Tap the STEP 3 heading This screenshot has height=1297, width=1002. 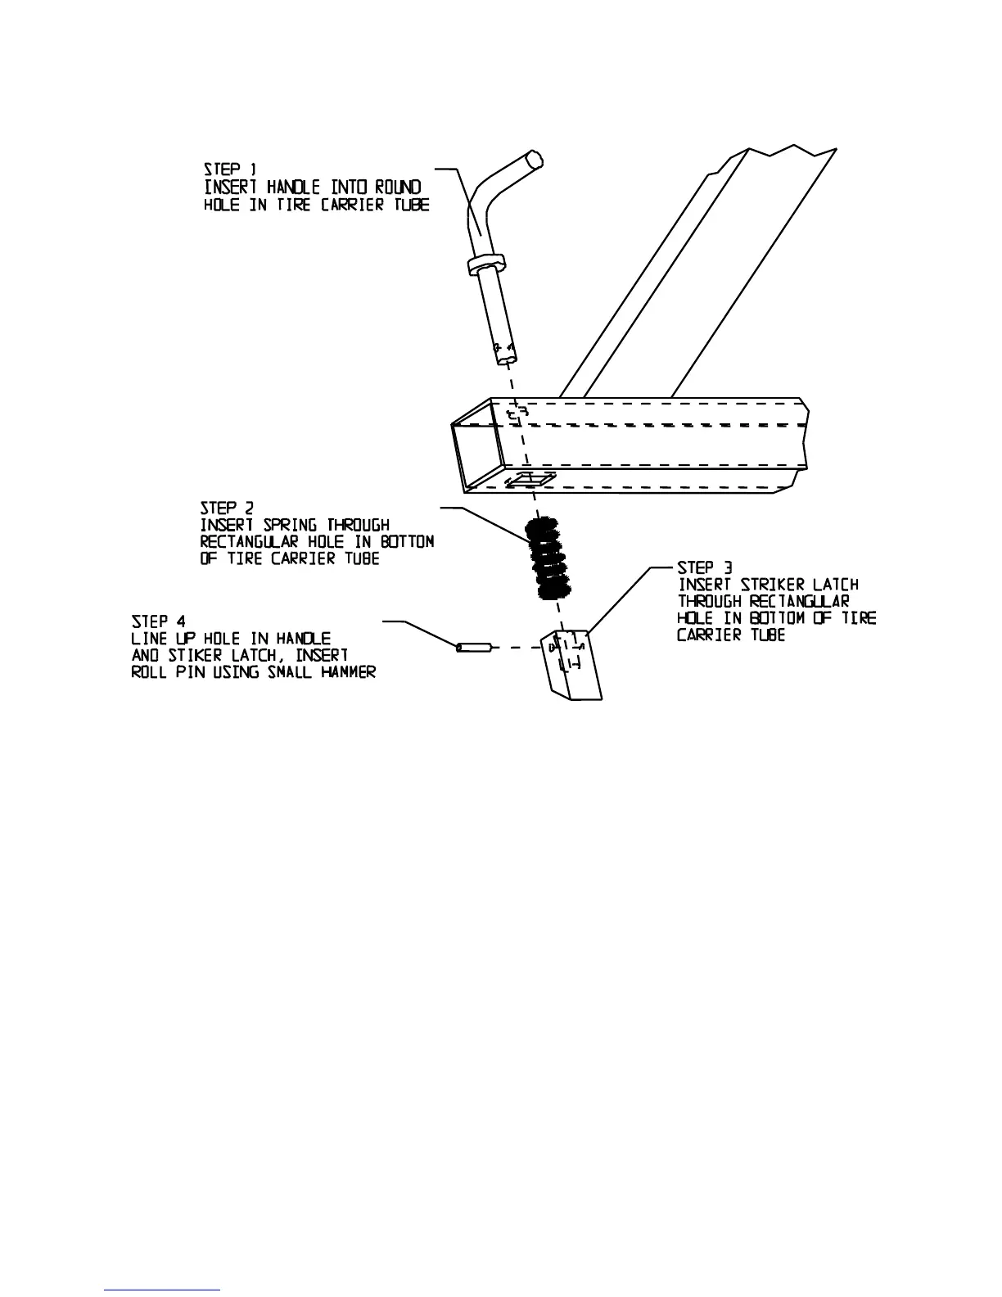pyautogui.click(x=705, y=567)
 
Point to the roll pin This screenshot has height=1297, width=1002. pyautogui.click(x=473, y=648)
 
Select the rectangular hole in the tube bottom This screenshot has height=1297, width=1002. pyautogui.click(x=530, y=481)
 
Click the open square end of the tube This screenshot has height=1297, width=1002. pyautogui.click(x=475, y=455)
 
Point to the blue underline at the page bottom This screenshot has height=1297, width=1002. pyautogui.click(x=162, y=1290)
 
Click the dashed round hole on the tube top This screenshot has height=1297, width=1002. pyautogui.click(x=516, y=414)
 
